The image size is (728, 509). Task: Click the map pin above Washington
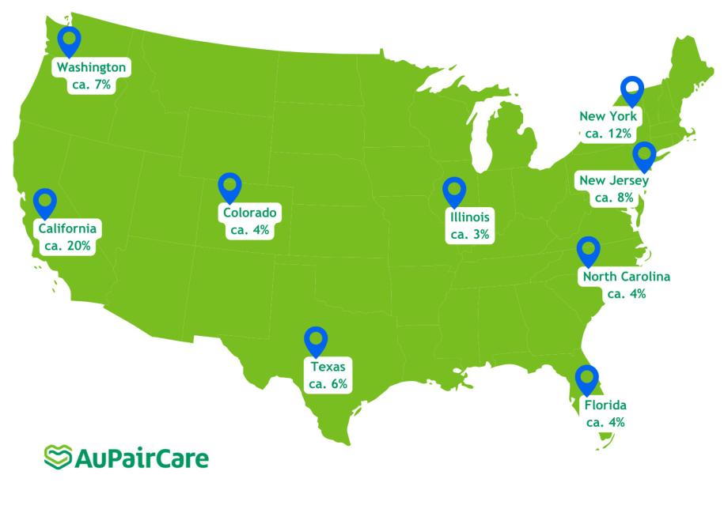(x=70, y=40)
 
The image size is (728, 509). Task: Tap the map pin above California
(x=45, y=202)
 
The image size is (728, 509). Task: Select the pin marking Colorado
(x=229, y=187)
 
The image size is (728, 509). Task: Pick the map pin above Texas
(x=317, y=341)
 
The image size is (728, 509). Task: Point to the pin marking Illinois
(x=454, y=191)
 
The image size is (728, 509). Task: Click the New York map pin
(x=631, y=90)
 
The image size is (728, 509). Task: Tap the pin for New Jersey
(x=643, y=156)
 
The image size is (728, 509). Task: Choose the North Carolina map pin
(x=588, y=251)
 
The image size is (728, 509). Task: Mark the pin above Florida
(x=586, y=379)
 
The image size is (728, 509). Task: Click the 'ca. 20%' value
(x=68, y=246)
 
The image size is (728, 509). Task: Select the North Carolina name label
(x=626, y=277)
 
